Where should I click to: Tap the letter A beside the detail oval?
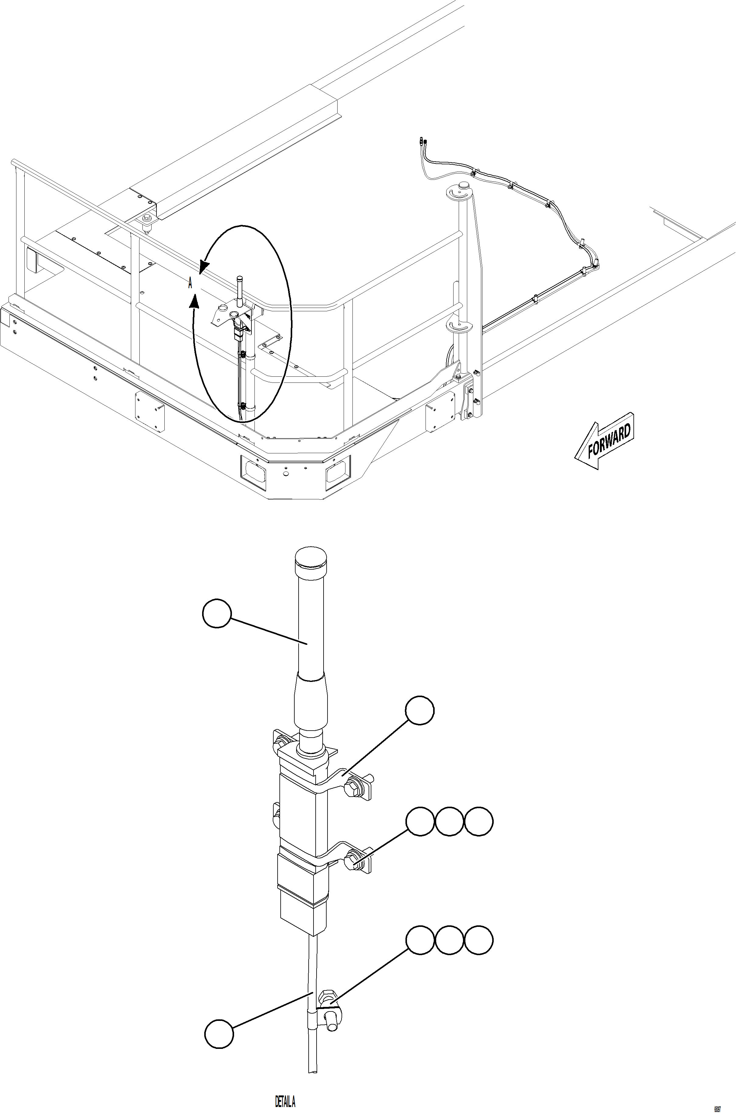(x=190, y=283)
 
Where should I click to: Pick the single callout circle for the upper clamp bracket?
(x=420, y=711)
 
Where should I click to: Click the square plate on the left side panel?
(x=150, y=405)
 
